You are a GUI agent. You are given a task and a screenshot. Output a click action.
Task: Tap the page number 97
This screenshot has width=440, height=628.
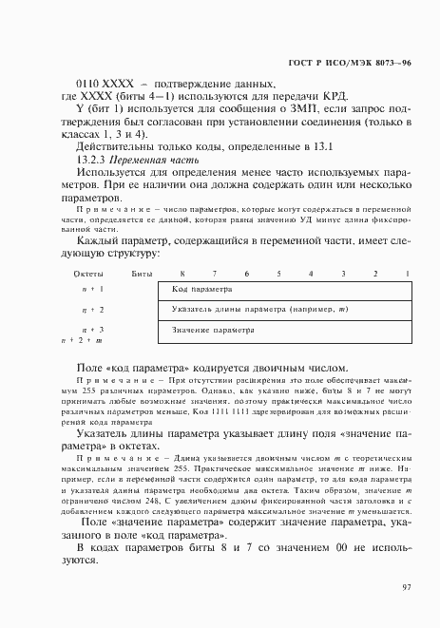tap(405, 588)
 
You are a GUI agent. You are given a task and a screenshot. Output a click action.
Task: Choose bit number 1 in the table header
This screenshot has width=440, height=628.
tap(407, 274)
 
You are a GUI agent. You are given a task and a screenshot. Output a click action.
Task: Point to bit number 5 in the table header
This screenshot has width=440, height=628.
tap(277, 274)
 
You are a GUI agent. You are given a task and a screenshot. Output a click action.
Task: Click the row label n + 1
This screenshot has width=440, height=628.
tap(92, 289)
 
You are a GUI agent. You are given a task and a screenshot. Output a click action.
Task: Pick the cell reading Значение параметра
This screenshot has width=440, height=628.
tap(214, 331)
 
